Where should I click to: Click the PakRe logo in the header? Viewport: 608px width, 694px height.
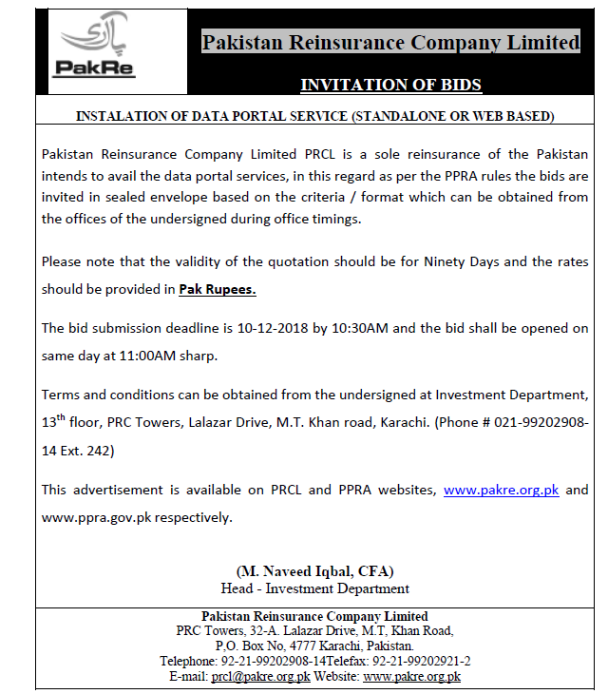point(85,48)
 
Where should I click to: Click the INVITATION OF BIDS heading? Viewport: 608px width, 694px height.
point(390,85)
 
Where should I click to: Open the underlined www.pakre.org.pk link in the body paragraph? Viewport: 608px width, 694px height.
point(502,490)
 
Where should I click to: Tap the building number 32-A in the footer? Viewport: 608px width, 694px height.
point(262,630)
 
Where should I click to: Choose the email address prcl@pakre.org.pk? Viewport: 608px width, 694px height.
point(261,676)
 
